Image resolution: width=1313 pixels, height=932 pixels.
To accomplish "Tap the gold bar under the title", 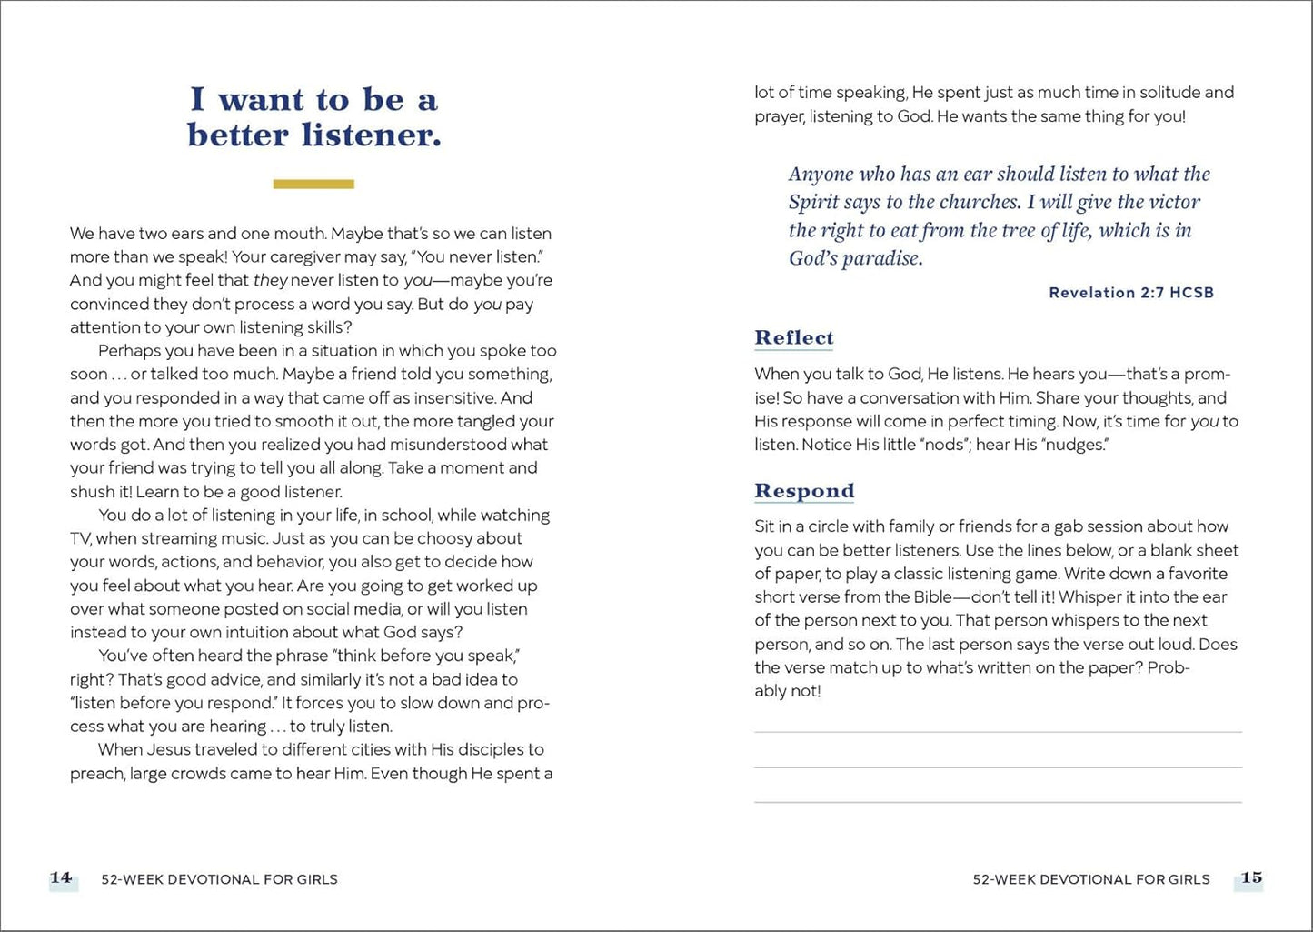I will tap(313, 185).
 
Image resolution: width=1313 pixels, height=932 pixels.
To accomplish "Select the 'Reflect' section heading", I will tap(793, 337).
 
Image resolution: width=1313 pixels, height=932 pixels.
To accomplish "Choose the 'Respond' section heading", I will tap(804, 491).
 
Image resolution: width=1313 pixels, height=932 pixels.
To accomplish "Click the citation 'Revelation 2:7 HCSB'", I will tap(1131, 293).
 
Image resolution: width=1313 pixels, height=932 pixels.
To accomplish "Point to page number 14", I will tap(61, 877).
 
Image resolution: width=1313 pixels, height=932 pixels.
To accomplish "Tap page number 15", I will tap(1251, 877).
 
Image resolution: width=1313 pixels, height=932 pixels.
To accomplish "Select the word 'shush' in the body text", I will tap(91, 492).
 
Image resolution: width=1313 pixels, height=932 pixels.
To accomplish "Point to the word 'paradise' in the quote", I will tap(881, 258).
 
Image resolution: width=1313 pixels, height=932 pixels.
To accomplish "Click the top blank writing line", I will tap(998, 732).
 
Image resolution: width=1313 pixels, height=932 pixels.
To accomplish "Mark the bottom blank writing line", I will tap(998, 802).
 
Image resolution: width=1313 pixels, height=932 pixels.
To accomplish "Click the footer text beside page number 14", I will tap(219, 879).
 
